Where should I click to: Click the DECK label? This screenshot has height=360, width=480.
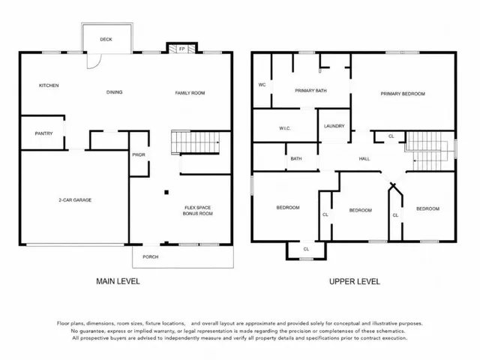[106, 39]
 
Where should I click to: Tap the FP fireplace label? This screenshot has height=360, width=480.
[181, 49]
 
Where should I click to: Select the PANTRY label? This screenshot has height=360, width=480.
[43, 133]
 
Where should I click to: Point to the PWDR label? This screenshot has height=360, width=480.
[139, 155]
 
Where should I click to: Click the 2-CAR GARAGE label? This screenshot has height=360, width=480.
[75, 200]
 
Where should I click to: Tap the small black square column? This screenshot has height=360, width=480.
[166, 192]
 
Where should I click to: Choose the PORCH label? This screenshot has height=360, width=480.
[151, 256]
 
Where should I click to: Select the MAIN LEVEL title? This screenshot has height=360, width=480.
[118, 281]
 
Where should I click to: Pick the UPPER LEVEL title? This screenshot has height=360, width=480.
[355, 282]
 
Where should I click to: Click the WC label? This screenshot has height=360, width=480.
[262, 85]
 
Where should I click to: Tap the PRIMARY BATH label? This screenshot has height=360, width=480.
[310, 91]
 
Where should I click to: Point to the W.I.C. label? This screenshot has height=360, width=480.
[285, 128]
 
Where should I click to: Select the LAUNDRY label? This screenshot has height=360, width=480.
[334, 126]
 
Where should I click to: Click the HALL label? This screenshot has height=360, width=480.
[364, 158]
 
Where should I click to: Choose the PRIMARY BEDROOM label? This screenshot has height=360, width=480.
[403, 94]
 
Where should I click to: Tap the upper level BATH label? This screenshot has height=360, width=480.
[296, 158]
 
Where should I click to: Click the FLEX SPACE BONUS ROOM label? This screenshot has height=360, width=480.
[197, 211]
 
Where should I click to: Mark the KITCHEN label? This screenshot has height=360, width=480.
[49, 85]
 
